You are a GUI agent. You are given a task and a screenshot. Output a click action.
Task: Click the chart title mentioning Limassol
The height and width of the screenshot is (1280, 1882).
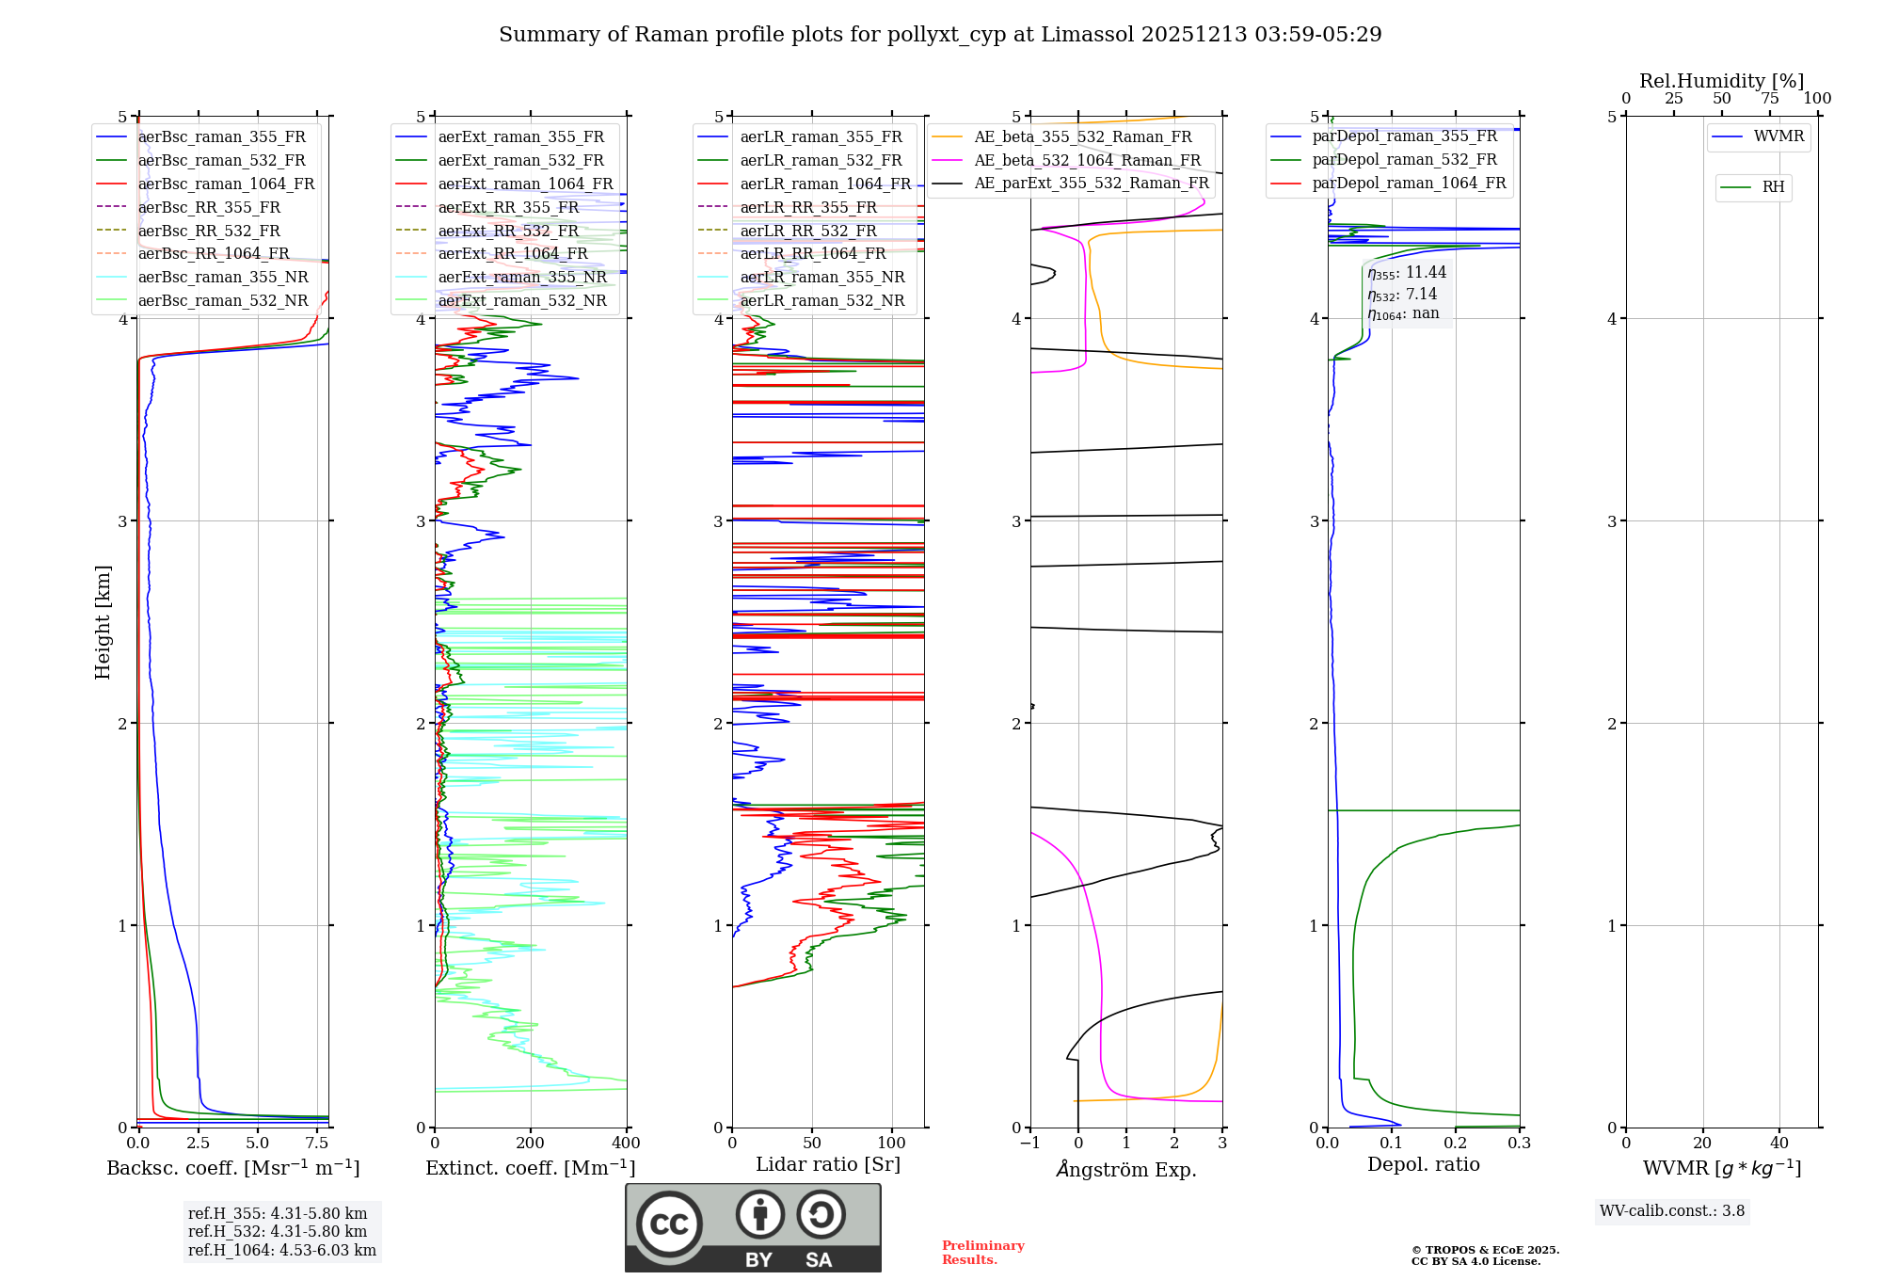pos(940,35)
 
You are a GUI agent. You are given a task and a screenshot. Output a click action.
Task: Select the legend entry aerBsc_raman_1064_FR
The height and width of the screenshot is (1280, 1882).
pos(226,184)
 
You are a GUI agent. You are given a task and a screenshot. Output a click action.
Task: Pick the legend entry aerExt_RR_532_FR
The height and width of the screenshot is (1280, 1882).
pos(508,231)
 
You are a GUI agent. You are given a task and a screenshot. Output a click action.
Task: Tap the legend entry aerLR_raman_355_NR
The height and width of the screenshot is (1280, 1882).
pos(821,277)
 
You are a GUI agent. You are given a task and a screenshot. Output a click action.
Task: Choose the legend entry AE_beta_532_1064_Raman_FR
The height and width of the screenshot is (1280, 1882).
pos(1087,160)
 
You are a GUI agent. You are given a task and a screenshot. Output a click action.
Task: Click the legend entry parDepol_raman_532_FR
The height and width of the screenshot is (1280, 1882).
pos(1404,160)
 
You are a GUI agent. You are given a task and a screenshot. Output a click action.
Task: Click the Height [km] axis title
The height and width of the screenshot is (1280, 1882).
pos(103,622)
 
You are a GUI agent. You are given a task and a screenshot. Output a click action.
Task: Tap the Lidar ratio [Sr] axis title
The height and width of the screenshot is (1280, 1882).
pos(828,1164)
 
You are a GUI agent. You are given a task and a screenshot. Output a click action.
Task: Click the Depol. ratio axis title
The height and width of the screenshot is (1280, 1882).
pos(1423,1164)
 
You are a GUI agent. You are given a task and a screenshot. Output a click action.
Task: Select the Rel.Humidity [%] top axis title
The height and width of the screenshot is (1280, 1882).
pos(1721,81)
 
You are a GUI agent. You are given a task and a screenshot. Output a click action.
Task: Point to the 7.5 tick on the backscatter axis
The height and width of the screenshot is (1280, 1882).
pos(317,1144)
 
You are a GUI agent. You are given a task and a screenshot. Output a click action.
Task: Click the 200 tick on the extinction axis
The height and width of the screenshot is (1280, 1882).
pos(531,1144)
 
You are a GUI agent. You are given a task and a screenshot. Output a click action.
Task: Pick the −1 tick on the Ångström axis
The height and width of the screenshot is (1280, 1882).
pos(1029,1144)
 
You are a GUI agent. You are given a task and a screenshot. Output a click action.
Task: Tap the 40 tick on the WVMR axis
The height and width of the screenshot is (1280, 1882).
pos(1778,1144)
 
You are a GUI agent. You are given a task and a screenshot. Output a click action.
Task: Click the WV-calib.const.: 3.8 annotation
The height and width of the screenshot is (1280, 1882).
pos(1672,1211)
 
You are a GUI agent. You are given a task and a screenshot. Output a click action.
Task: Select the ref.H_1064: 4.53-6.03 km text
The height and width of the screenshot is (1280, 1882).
pos(282,1251)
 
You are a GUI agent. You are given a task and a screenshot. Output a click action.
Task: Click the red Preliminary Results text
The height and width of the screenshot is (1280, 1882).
pos(982,1253)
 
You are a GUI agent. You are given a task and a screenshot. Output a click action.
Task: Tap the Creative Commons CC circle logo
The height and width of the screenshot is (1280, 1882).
pos(669,1224)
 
